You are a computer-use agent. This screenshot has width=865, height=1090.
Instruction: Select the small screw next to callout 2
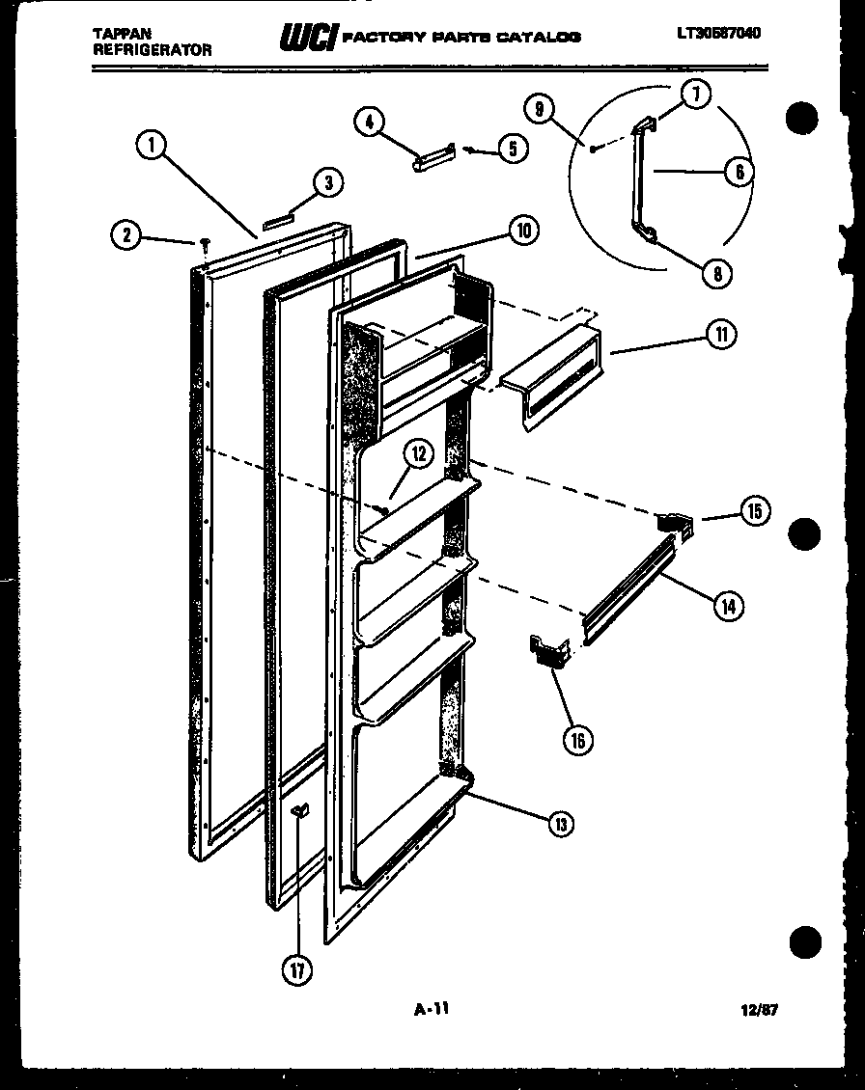[x=206, y=243]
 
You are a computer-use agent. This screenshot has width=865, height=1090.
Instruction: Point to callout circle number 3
[x=329, y=183]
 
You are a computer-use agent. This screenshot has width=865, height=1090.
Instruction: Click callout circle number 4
[x=370, y=122]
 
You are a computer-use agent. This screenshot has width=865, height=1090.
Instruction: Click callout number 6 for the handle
[x=738, y=172]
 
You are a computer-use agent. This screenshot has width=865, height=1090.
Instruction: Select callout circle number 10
[x=522, y=232]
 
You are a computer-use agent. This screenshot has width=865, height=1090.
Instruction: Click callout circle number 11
[x=720, y=335]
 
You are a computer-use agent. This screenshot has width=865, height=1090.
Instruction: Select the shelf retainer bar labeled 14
[x=628, y=592]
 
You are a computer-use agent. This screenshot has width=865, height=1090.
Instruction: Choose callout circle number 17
[x=297, y=969]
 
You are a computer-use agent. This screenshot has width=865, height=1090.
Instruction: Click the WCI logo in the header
[x=307, y=37]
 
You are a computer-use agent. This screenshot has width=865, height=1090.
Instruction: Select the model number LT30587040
[x=718, y=34]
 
